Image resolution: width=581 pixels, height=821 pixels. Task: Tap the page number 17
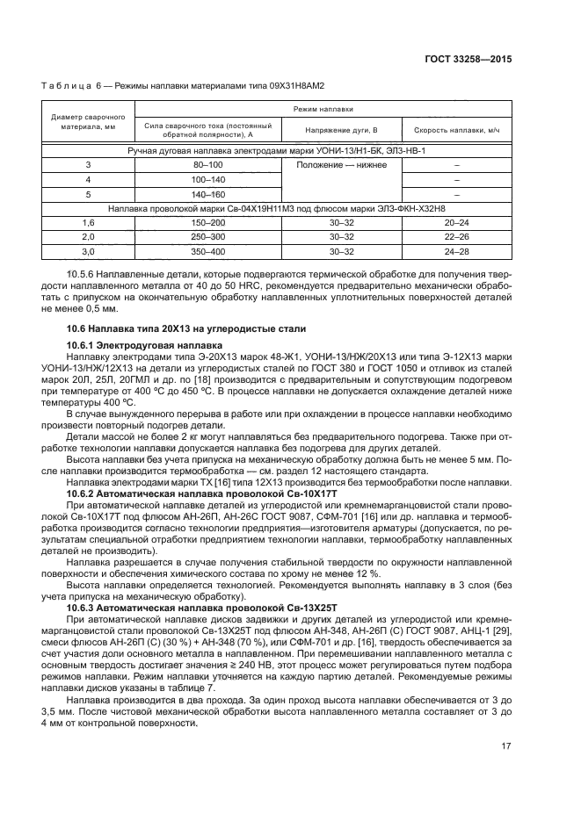click(506, 747)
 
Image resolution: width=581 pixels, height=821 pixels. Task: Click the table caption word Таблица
click(64, 86)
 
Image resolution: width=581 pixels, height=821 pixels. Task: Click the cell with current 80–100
click(207, 165)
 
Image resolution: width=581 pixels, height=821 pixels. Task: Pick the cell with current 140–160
click(207, 194)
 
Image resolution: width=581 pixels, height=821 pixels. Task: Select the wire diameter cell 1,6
click(88, 223)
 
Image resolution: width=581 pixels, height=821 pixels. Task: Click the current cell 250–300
click(207, 237)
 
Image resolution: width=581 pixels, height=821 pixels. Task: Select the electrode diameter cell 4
click(88, 179)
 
